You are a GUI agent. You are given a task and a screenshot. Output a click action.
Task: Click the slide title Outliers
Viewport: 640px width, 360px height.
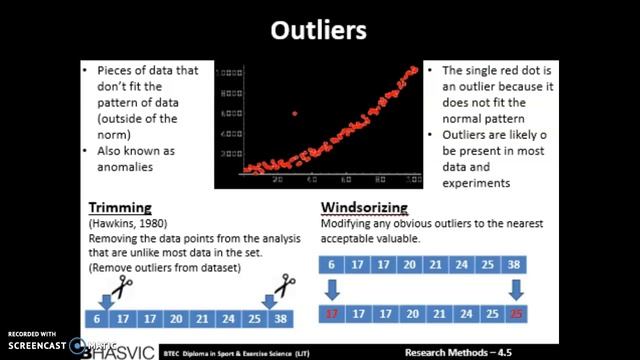(x=319, y=31)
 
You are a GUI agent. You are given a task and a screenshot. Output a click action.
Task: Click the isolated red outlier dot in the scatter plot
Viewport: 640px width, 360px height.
(x=294, y=114)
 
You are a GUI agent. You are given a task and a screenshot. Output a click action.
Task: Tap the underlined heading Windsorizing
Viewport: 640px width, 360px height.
(x=364, y=208)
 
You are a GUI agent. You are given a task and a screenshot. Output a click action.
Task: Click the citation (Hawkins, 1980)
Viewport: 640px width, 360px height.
(x=120, y=224)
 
